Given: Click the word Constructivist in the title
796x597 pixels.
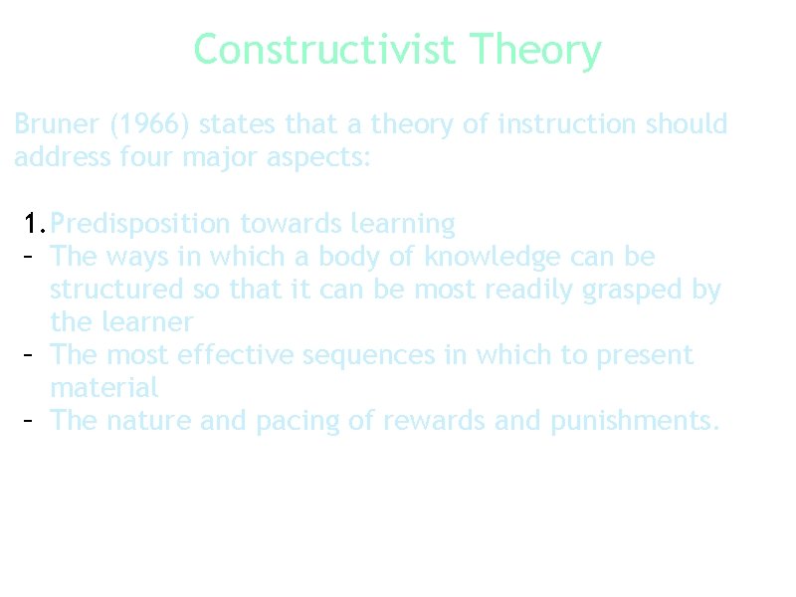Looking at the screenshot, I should click(x=324, y=49).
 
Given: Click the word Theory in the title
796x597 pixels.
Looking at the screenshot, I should click(x=535, y=49).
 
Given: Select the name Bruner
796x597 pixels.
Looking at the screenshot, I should click(x=57, y=124).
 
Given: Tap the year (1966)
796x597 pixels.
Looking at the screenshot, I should click(x=153, y=124).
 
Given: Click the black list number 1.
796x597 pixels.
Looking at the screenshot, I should click(x=35, y=224).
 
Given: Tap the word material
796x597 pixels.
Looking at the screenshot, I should click(x=103, y=388).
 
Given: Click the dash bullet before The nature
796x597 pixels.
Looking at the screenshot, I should click(x=29, y=421).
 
